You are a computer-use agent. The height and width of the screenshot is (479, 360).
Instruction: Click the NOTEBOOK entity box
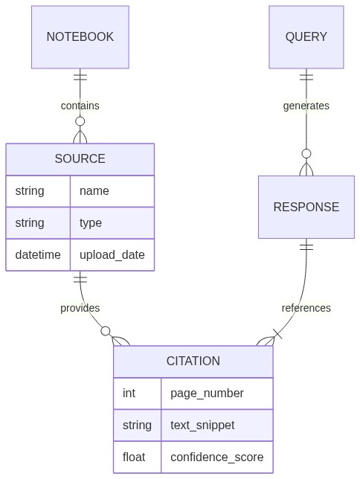tap(80, 37)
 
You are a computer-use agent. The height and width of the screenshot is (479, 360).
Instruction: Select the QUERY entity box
tap(306, 37)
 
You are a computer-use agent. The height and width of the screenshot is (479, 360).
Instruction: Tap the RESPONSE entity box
tap(306, 207)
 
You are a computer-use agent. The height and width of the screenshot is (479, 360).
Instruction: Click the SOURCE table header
tap(80, 159)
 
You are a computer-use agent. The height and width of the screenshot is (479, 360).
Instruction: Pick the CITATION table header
tap(193, 361)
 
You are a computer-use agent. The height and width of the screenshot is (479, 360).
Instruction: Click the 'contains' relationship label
tap(80, 106)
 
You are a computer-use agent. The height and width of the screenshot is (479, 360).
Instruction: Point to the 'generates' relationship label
tap(306, 106)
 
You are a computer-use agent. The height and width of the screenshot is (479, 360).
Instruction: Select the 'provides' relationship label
tap(80, 308)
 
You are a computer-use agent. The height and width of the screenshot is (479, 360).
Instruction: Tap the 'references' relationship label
tap(306, 308)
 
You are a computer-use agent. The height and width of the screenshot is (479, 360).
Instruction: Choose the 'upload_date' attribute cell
tap(112, 255)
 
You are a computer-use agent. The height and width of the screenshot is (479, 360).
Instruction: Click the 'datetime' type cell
tap(38, 255)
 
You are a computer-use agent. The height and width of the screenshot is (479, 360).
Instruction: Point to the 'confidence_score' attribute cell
tap(216, 457)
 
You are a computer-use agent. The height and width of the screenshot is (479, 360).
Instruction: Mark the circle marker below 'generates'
tap(306, 154)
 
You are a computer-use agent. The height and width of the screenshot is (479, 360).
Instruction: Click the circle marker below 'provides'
tap(106, 331)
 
